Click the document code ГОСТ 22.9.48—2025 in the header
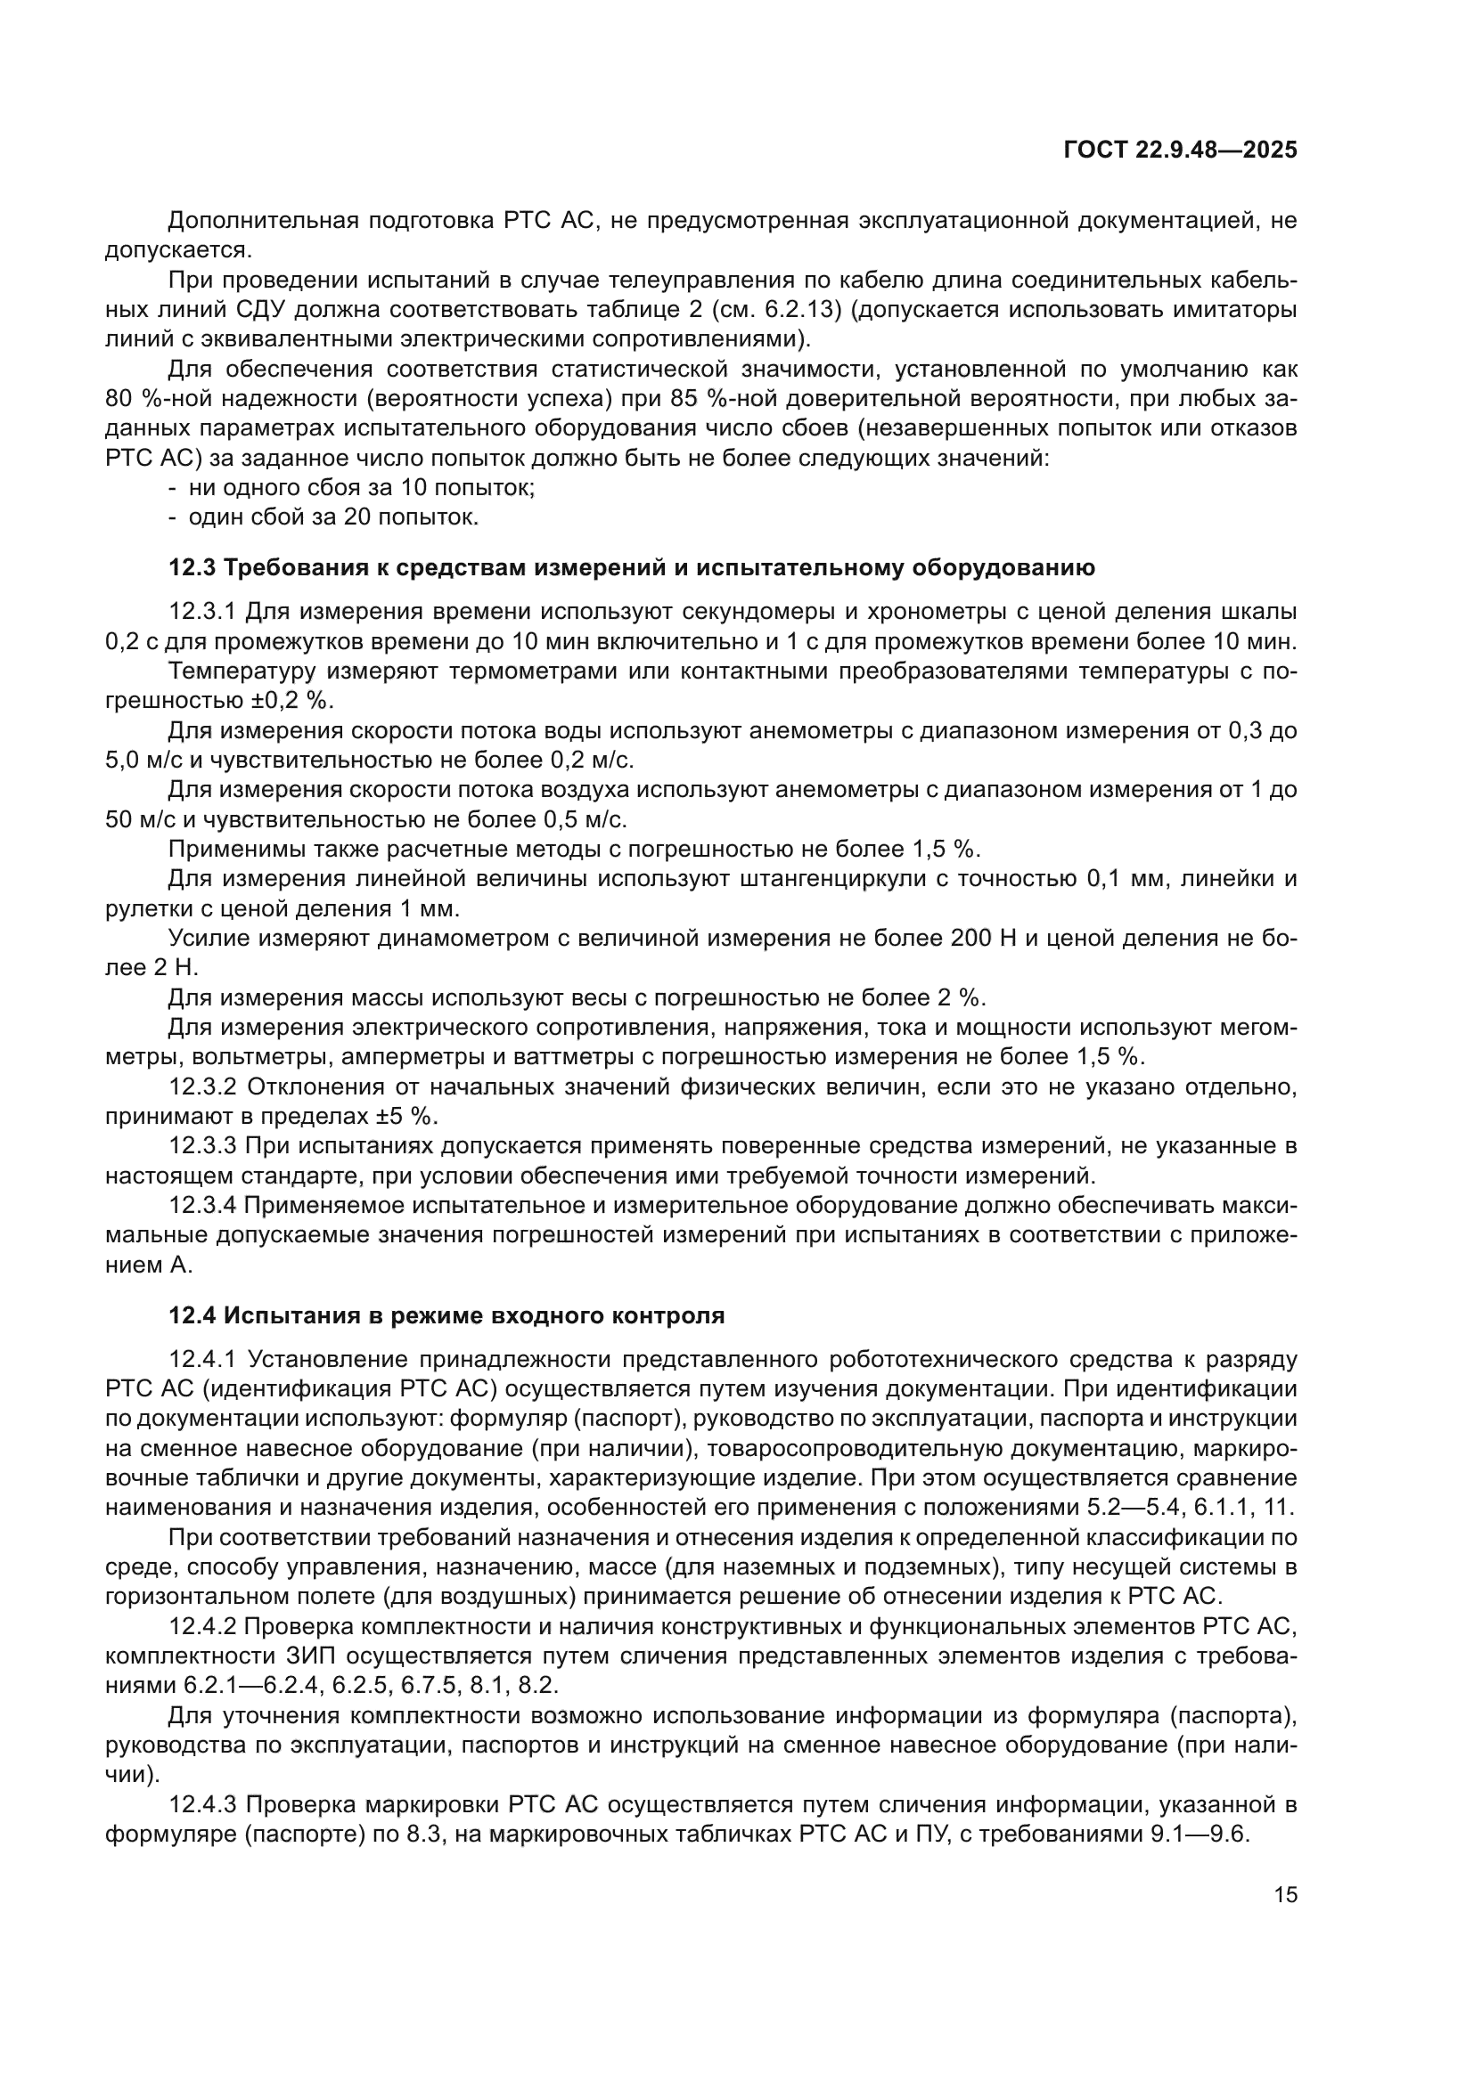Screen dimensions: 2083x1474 click(x=1179, y=151)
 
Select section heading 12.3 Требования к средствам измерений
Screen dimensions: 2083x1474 click(x=632, y=568)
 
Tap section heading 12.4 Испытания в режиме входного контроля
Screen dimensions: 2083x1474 click(x=446, y=1315)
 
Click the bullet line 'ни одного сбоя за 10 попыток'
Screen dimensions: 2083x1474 click(x=361, y=488)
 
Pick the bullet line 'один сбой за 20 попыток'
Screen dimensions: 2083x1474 click(x=333, y=518)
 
